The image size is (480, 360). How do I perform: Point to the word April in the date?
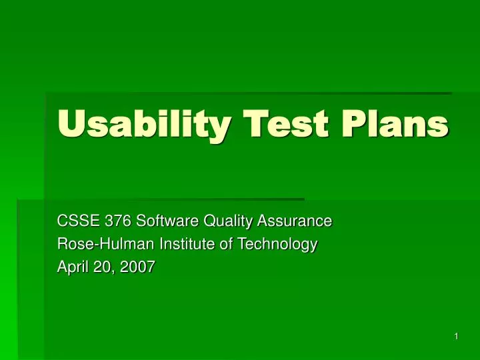(71, 268)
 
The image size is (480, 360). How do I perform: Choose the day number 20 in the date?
(100, 268)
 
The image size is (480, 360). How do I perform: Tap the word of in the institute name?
(225, 245)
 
